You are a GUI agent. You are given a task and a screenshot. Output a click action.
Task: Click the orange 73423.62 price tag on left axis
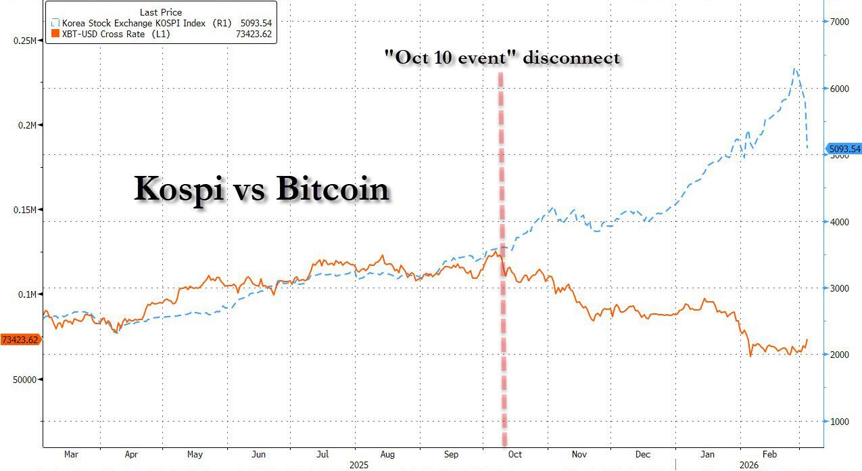(20, 340)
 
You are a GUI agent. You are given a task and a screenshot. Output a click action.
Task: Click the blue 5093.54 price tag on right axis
(844, 149)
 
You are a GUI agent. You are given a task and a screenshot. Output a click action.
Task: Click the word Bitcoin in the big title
(333, 189)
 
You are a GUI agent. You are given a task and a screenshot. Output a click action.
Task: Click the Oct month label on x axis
(514, 455)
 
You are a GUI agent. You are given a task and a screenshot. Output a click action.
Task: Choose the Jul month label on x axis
(322, 455)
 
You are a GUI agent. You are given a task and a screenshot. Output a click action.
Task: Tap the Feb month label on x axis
(769, 455)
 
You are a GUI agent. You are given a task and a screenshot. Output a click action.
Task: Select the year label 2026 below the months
(748, 466)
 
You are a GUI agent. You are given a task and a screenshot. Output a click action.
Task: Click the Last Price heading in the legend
(160, 12)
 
